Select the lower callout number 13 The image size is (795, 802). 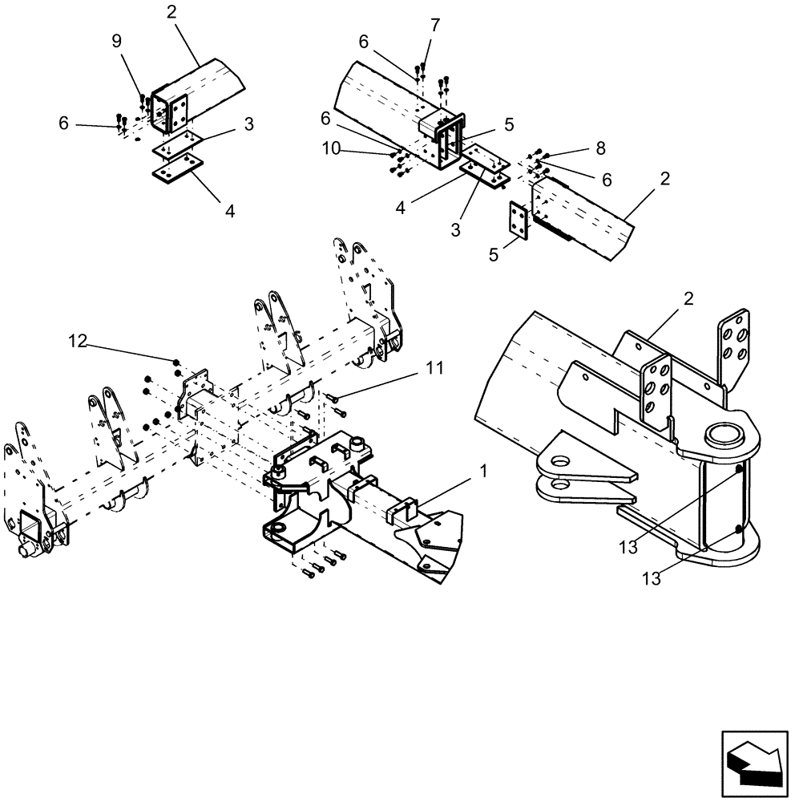click(652, 578)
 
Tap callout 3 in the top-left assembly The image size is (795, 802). click(248, 124)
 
